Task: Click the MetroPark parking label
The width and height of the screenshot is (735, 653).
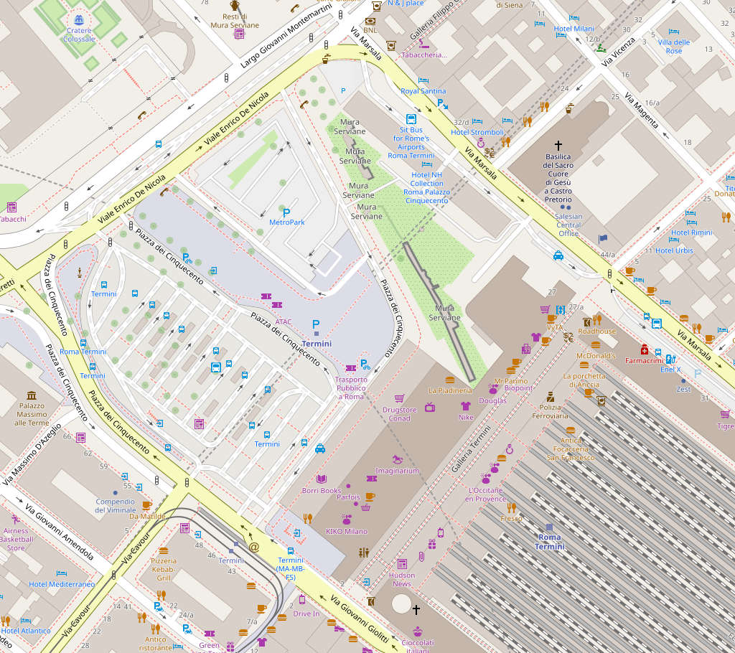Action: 287,222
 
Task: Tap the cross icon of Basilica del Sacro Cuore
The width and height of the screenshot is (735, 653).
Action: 558,145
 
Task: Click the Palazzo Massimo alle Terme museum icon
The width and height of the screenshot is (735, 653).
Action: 32,396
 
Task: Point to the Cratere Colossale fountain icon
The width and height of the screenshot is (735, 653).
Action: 79,21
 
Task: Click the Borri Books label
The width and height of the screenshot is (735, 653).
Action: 322,491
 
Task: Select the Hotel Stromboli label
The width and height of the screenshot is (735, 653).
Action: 477,132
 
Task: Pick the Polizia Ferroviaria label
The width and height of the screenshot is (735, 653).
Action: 549,411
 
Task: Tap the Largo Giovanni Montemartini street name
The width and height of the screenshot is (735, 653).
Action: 286,35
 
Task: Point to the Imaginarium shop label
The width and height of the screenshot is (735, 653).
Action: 397,471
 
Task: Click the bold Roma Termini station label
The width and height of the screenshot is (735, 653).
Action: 550,542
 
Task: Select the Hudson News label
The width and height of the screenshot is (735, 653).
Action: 402,579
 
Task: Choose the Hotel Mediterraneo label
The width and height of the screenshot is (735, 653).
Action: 62,584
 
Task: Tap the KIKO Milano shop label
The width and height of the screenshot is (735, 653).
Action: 346,532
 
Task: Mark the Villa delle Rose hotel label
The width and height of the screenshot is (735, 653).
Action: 674,47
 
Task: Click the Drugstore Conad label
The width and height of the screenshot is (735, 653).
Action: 399,414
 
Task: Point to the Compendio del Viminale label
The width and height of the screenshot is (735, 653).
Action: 115,506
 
